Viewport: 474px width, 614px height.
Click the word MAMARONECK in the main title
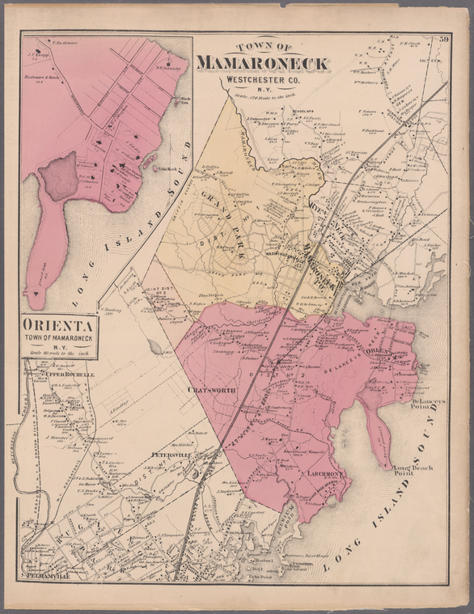pos(260,63)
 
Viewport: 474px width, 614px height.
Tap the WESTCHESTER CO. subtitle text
pos(260,79)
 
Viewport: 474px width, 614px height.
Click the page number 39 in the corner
pos(444,38)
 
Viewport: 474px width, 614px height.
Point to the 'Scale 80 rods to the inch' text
pos(58,352)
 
